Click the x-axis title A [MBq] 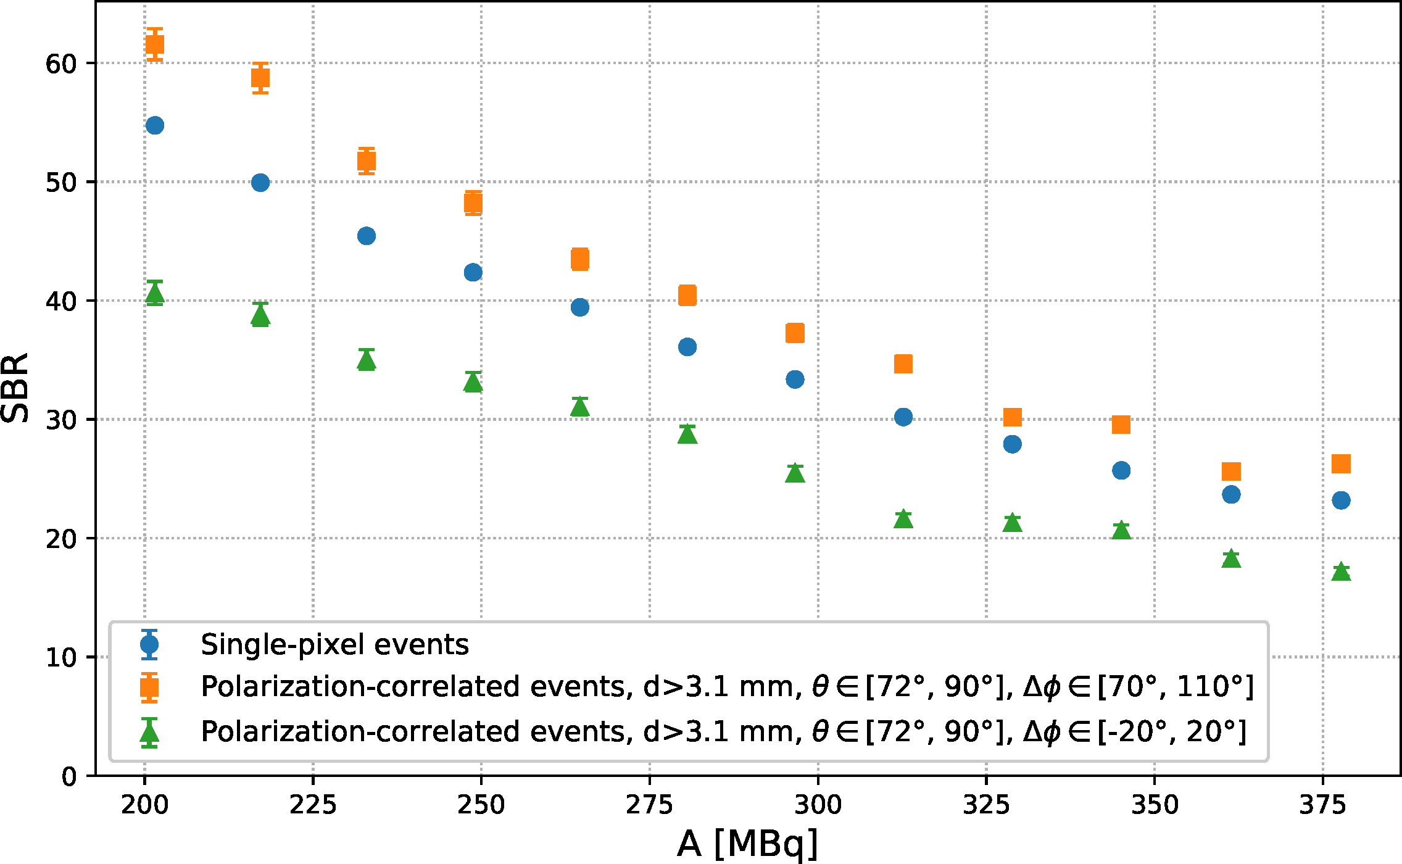click(x=747, y=843)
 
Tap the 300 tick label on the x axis click(x=818, y=805)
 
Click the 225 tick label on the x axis click(x=313, y=805)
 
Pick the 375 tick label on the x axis click(x=1323, y=805)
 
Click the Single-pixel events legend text click(x=334, y=645)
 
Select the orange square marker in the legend click(x=149, y=687)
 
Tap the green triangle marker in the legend click(x=149, y=733)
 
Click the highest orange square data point click(x=154, y=44)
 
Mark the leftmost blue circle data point click(x=154, y=125)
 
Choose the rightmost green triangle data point click(x=1341, y=572)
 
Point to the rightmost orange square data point click(x=1341, y=463)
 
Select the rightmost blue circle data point click(x=1341, y=500)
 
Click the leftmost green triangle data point click(x=154, y=294)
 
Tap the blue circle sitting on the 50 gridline click(x=260, y=183)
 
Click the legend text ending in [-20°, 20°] click(x=723, y=732)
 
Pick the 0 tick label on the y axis click(x=68, y=776)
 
